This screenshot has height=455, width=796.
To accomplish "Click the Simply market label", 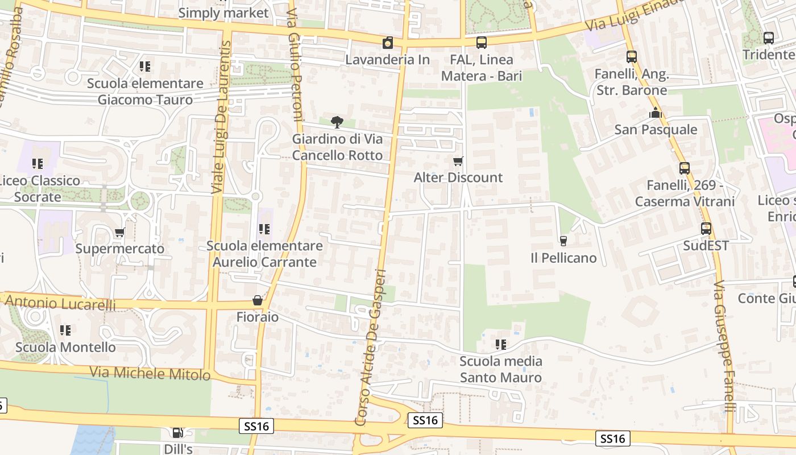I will click(x=223, y=13).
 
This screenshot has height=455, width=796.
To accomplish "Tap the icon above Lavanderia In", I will click(x=388, y=43).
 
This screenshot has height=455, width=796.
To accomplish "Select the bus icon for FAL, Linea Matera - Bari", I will click(x=481, y=43).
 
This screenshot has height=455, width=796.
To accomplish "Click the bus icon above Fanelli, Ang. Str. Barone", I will click(x=631, y=57).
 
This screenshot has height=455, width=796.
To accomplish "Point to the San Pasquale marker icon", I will click(x=656, y=113).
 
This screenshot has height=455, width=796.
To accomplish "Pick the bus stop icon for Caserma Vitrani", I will click(x=685, y=168).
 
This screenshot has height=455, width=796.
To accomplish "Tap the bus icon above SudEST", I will click(x=706, y=229).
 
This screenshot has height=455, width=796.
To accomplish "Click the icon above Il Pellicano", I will click(x=563, y=241).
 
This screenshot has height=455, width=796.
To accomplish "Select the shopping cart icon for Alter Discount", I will click(x=458, y=162).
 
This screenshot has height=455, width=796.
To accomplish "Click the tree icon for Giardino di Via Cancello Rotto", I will click(x=337, y=122).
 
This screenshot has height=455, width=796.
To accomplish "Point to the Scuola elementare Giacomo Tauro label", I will click(x=145, y=92).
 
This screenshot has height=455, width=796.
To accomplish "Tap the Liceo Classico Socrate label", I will click(x=38, y=189).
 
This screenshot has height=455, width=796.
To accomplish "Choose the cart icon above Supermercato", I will click(x=119, y=233).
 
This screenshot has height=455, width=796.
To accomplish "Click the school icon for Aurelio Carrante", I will click(x=264, y=229).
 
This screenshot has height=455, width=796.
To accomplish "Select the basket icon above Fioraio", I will click(x=258, y=300).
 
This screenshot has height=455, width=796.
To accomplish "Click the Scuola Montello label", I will click(x=65, y=347).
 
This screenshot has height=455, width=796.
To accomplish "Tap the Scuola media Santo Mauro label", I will click(x=501, y=369).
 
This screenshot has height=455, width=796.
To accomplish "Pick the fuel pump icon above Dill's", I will click(x=178, y=433).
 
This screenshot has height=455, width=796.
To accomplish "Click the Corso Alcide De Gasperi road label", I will click(x=371, y=347).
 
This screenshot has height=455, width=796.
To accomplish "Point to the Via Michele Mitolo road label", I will click(x=150, y=374).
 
